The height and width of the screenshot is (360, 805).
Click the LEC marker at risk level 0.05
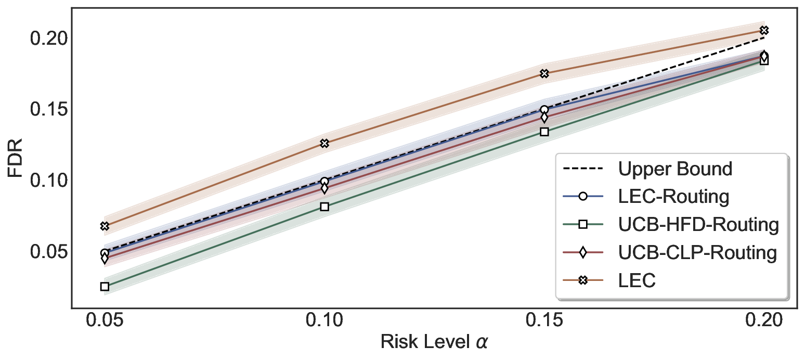click(x=105, y=226)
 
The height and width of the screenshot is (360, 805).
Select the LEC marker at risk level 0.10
click(x=324, y=143)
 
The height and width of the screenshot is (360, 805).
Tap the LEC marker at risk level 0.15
click(x=544, y=74)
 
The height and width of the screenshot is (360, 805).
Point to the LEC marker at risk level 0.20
click(x=764, y=30)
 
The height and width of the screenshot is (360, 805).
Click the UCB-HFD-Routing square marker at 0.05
click(x=105, y=286)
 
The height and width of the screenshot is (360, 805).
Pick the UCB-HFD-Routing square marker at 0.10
click(x=324, y=207)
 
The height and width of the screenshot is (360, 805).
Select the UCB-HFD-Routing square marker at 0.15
click(x=544, y=132)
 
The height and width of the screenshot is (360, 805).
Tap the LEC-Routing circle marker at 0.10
click(x=324, y=182)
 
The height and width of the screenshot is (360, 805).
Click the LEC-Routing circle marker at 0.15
click(x=544, y=110)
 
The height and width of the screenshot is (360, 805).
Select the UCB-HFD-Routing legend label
click(x=698, y=225)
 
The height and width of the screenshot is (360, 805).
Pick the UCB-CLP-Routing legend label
click(x=697, y=253)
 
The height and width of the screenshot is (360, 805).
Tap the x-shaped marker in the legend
click(x=583, y=281)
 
